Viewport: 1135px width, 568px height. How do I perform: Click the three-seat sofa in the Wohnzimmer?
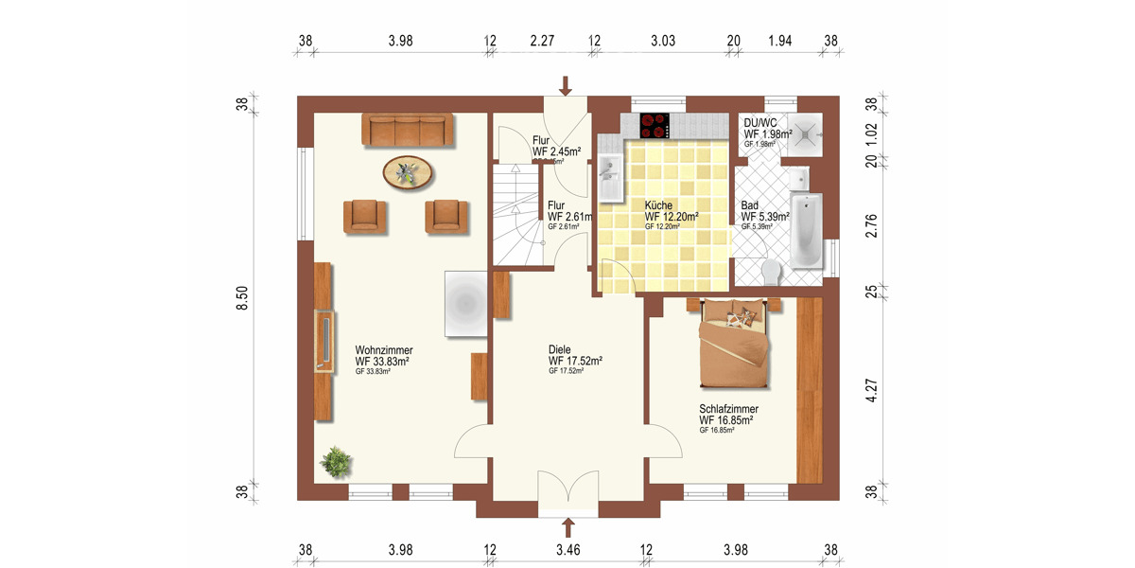406,130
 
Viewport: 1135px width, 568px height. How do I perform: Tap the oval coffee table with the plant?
410,172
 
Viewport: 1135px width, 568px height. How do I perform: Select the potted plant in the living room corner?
336,462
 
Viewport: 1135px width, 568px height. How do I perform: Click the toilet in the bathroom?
771,271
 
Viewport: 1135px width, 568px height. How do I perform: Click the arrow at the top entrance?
566,86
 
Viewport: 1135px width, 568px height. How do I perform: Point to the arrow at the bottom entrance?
568,527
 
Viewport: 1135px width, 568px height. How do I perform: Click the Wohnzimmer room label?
383,350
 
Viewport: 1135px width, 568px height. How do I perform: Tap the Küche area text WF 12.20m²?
672,217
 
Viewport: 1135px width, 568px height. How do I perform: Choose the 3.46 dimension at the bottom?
568,549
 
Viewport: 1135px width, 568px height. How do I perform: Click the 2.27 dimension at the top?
542,41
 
